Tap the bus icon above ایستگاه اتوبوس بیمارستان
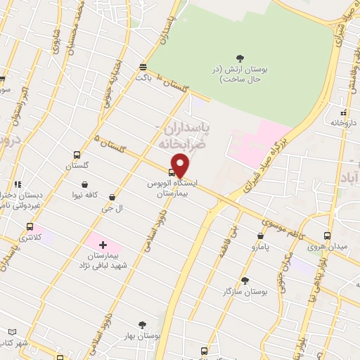point(172,172)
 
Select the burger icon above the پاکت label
point(143,67)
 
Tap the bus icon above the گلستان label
point(77,155)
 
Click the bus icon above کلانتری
point(30,226)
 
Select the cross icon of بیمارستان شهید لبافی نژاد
point(103,245)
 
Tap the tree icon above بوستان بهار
point(142,325)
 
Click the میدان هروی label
point(326,247)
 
